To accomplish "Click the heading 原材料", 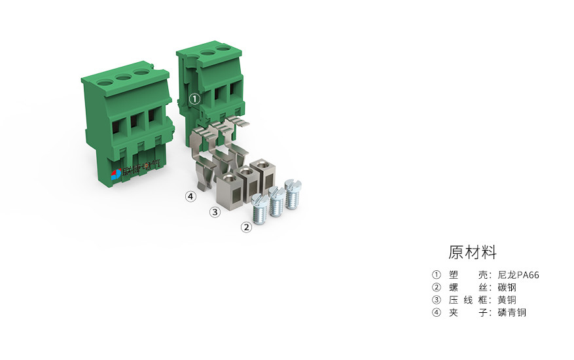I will (473, 252).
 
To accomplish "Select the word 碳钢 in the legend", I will (507, 287).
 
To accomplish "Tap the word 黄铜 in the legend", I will (507, 300).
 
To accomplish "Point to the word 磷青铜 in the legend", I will (511, 312).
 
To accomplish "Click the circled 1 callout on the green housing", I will (194, 99).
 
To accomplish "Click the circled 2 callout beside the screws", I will (246, 227).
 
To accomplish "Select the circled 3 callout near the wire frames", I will (214, 211).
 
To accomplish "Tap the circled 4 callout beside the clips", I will (190, 196).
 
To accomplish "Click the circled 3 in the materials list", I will (437, 300).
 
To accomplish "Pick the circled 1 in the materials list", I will (437, 275).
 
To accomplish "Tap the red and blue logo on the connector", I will (116, 174).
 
